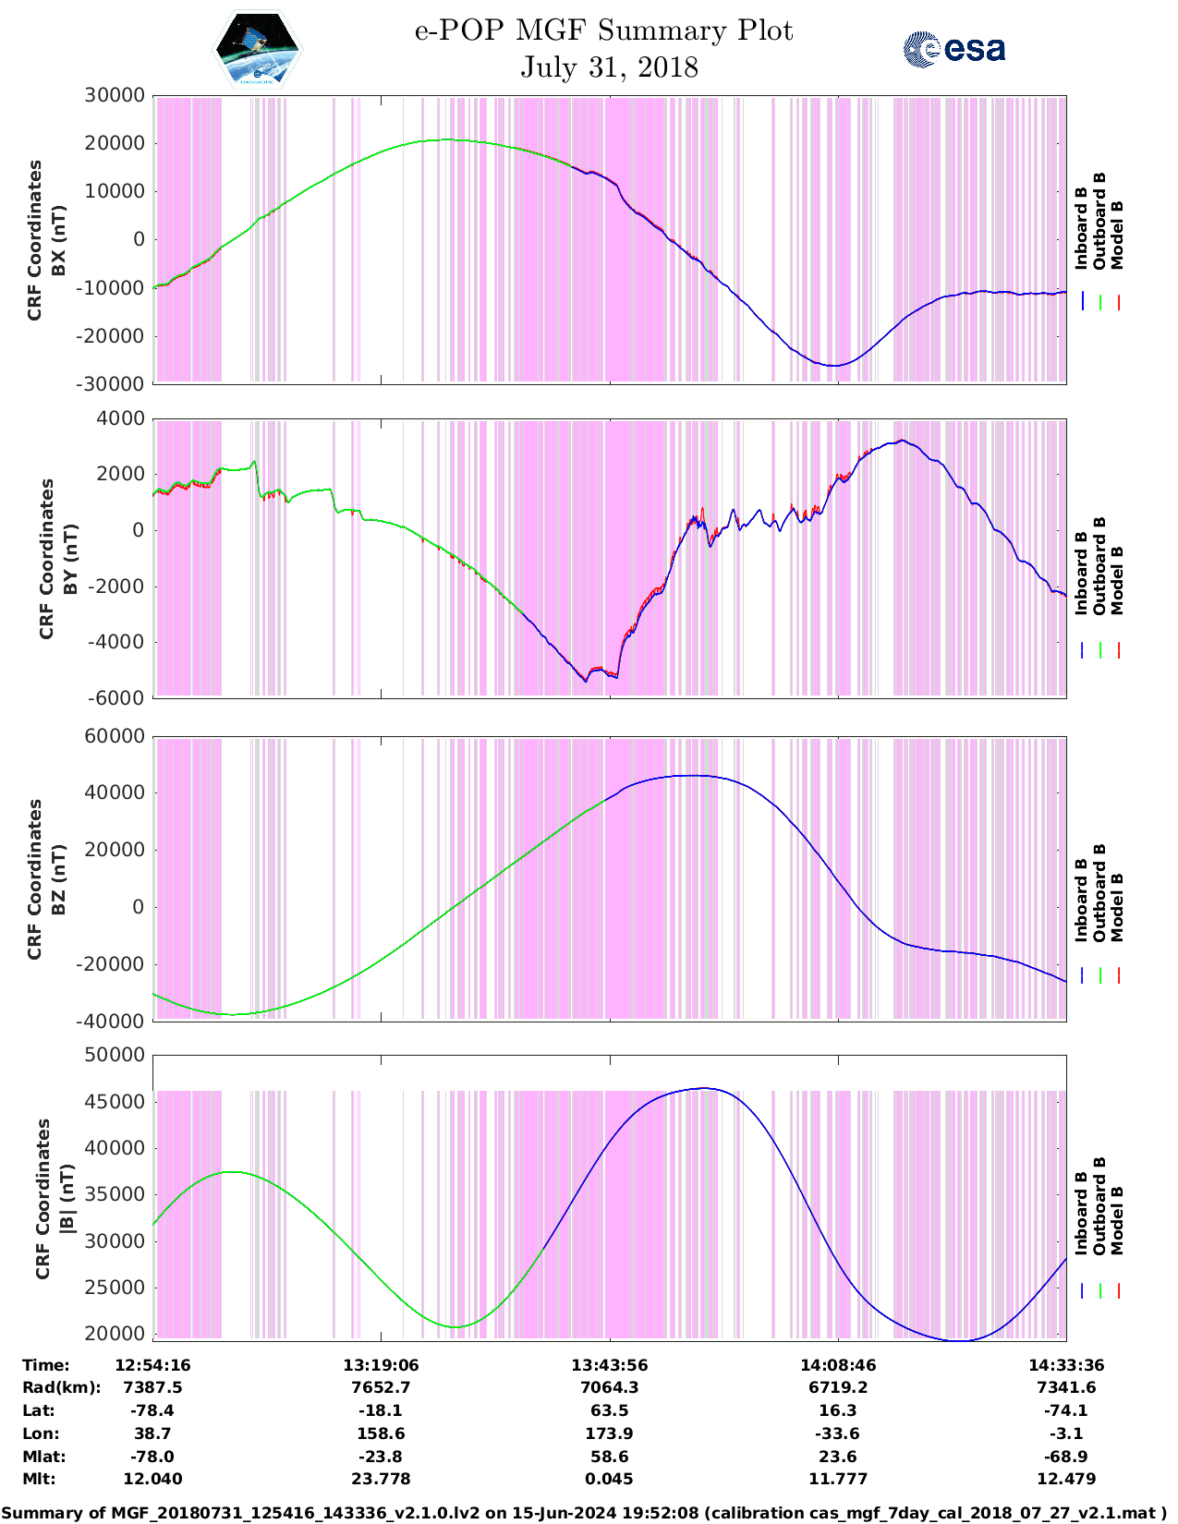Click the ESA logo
(953, 49)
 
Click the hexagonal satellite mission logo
(258, 49)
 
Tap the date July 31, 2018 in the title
(609, 67)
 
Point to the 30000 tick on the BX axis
(114, 95)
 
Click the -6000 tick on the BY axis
(116, 698)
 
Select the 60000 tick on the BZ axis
(114, 736)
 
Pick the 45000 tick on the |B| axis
(114, 1102)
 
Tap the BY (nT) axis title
(70, 559)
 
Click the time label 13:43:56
(609, 1365)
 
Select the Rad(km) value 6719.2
(837, 1387)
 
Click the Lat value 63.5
(609, 1410)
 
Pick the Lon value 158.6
(381, 1433)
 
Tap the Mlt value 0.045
(609, 1479)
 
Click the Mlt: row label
(39, 1479)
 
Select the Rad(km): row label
(61, 1387)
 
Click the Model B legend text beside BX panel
(1117, 235)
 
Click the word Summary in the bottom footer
(41, 1513)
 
